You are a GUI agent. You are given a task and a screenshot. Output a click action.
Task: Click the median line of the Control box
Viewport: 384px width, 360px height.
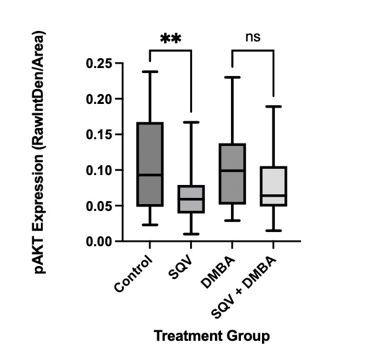(x=150, y=175)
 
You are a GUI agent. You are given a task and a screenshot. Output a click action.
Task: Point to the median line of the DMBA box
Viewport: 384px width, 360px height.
(x=232, y=170)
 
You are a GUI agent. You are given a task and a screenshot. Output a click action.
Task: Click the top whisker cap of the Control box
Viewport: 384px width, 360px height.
(x=150, y=72)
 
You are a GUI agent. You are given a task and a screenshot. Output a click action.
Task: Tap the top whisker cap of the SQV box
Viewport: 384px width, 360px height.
(x=191, y=122)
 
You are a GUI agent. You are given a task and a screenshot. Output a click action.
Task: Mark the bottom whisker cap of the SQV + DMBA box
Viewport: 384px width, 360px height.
(x=273, y=231)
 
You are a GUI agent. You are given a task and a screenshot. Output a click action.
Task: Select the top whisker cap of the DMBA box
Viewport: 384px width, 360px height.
(x=232, y=77)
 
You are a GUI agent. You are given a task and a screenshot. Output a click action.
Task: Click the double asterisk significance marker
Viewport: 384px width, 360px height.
(x=170, y=39)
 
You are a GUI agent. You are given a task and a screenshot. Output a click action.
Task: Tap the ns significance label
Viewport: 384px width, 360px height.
(x=253, y=37)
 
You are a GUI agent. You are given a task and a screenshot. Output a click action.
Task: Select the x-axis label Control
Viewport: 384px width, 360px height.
(x=134, y=273)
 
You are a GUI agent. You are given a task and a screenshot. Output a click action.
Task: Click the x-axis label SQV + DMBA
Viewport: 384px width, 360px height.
(x=251, y=285)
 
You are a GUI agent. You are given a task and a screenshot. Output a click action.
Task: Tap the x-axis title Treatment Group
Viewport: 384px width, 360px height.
(x=211, y=336)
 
